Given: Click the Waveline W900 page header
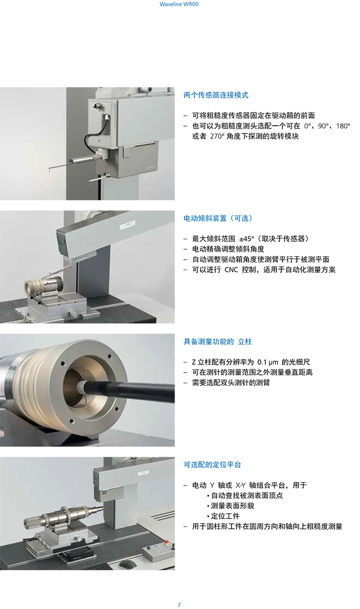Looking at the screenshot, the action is [179, 4].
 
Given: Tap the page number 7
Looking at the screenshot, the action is [179, 605].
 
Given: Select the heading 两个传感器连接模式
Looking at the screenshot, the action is [216, 95].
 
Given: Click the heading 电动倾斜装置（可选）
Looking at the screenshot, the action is [218, 218].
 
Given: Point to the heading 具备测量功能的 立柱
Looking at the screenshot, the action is [218, 342].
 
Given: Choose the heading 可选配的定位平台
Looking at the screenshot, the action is [213, 465].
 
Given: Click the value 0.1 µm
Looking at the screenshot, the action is [268, 362].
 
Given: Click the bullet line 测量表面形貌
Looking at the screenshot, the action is [231, 505].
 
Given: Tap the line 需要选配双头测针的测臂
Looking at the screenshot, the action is [231, 383].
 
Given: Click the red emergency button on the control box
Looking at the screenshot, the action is [168, 542].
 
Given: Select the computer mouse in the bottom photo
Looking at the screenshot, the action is [128, 563].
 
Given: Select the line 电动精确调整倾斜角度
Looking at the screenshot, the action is [228, 249].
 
